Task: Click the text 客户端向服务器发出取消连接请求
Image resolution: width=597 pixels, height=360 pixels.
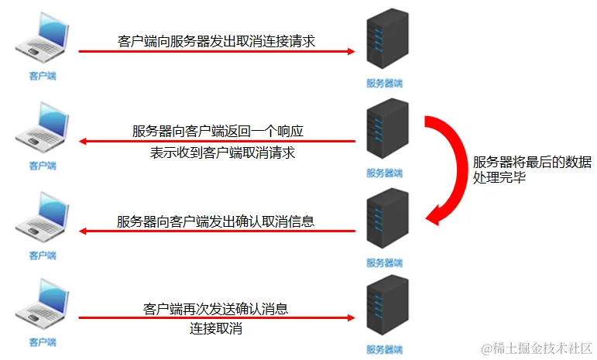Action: tap(217, 40)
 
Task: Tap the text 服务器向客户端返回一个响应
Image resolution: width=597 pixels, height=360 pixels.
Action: tap(222, 131)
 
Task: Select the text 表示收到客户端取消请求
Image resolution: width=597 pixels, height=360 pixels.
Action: tap(222, 153)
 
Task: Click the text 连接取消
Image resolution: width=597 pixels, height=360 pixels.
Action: tap(216, 328)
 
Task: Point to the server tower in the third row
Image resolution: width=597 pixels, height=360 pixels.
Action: tap(386, 223)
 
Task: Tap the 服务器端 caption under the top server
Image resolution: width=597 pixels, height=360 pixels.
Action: tap(385, 83)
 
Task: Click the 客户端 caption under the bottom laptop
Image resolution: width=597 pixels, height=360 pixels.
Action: tap(43, 341)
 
